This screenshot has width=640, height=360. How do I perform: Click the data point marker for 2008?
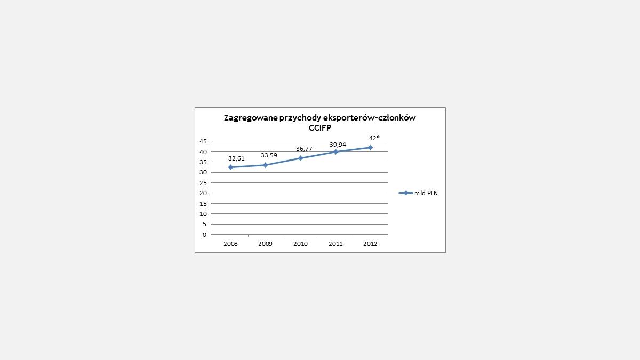click(x=230, y=167)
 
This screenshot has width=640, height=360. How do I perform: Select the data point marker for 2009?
click(x=265, y=165)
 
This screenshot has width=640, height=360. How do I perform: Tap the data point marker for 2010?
click(x=301, y=158)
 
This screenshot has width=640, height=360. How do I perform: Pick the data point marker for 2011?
click(x=335, y=152)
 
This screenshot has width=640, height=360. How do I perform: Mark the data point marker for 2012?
click(x=370, y=147)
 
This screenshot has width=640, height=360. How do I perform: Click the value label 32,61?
click(x=236, y=158)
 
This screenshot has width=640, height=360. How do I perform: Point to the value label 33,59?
click(x=269, y=155)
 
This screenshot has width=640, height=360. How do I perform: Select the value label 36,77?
click(x=304, y=148)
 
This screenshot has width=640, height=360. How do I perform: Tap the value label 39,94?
click(x=338, y=144)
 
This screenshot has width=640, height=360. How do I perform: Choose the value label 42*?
click(x=374, y=138)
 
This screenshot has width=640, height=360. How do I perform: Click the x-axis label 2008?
click(x=230, y=244)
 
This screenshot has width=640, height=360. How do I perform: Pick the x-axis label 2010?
click(x=300, y=244)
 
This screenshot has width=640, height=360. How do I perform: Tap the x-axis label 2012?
click(x=370, y=244)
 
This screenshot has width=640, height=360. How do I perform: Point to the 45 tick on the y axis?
click(x=203, y=141)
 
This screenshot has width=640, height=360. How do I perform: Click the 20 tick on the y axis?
click(x=203, y=193)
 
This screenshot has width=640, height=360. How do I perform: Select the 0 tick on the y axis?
click(x=204, y=235)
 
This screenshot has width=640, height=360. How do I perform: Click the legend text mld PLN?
click(x=426, y=193)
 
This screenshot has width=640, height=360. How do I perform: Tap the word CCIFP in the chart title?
click(x=320, y=128)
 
